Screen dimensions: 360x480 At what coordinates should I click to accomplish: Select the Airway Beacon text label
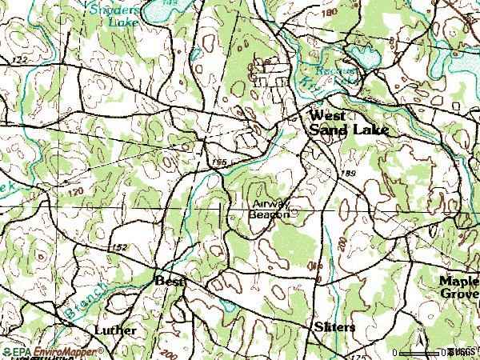click(267, 209)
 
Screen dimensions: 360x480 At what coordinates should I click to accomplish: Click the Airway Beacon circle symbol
click(295, 213)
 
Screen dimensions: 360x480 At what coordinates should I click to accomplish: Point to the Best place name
click(169, 281)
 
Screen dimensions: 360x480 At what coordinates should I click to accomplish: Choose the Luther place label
click(115, 330)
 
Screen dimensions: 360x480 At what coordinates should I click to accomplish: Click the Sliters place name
click(334, 328)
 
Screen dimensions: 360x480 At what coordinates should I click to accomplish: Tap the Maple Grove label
click(458, 286)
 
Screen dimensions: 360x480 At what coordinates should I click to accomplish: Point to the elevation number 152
click(120, 247)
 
